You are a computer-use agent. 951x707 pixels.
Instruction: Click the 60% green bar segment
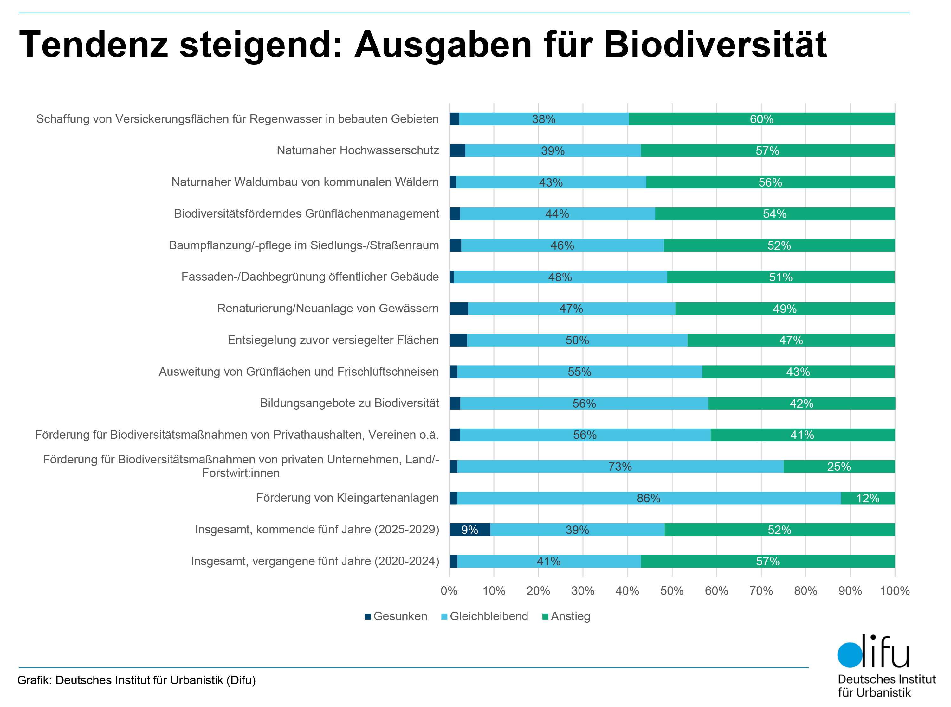(x=761, y=119)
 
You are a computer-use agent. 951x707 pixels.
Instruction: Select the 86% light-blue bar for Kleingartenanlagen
(x=648, y=498)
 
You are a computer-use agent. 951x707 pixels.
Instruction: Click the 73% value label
(x=620, y=467)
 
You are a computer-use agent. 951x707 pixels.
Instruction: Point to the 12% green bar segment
(x=868, y=498)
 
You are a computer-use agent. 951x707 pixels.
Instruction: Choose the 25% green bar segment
(x=838, y=467)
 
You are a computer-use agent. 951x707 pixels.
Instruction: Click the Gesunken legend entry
(x=396, y=616)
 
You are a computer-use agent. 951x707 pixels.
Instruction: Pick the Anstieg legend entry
(x=566, y=616)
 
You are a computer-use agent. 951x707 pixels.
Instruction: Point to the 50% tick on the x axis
(x=671, y=591)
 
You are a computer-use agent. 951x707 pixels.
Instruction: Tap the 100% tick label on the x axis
(x=895, y=591)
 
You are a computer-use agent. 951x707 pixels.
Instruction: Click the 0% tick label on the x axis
(x=449, y=591)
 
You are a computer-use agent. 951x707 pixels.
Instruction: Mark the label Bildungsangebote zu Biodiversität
(x=349, y=403)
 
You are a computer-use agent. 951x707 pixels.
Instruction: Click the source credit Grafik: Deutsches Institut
(x=136, y=680)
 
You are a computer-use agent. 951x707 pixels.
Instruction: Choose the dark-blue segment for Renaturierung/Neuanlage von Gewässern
(x=459, y=309)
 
